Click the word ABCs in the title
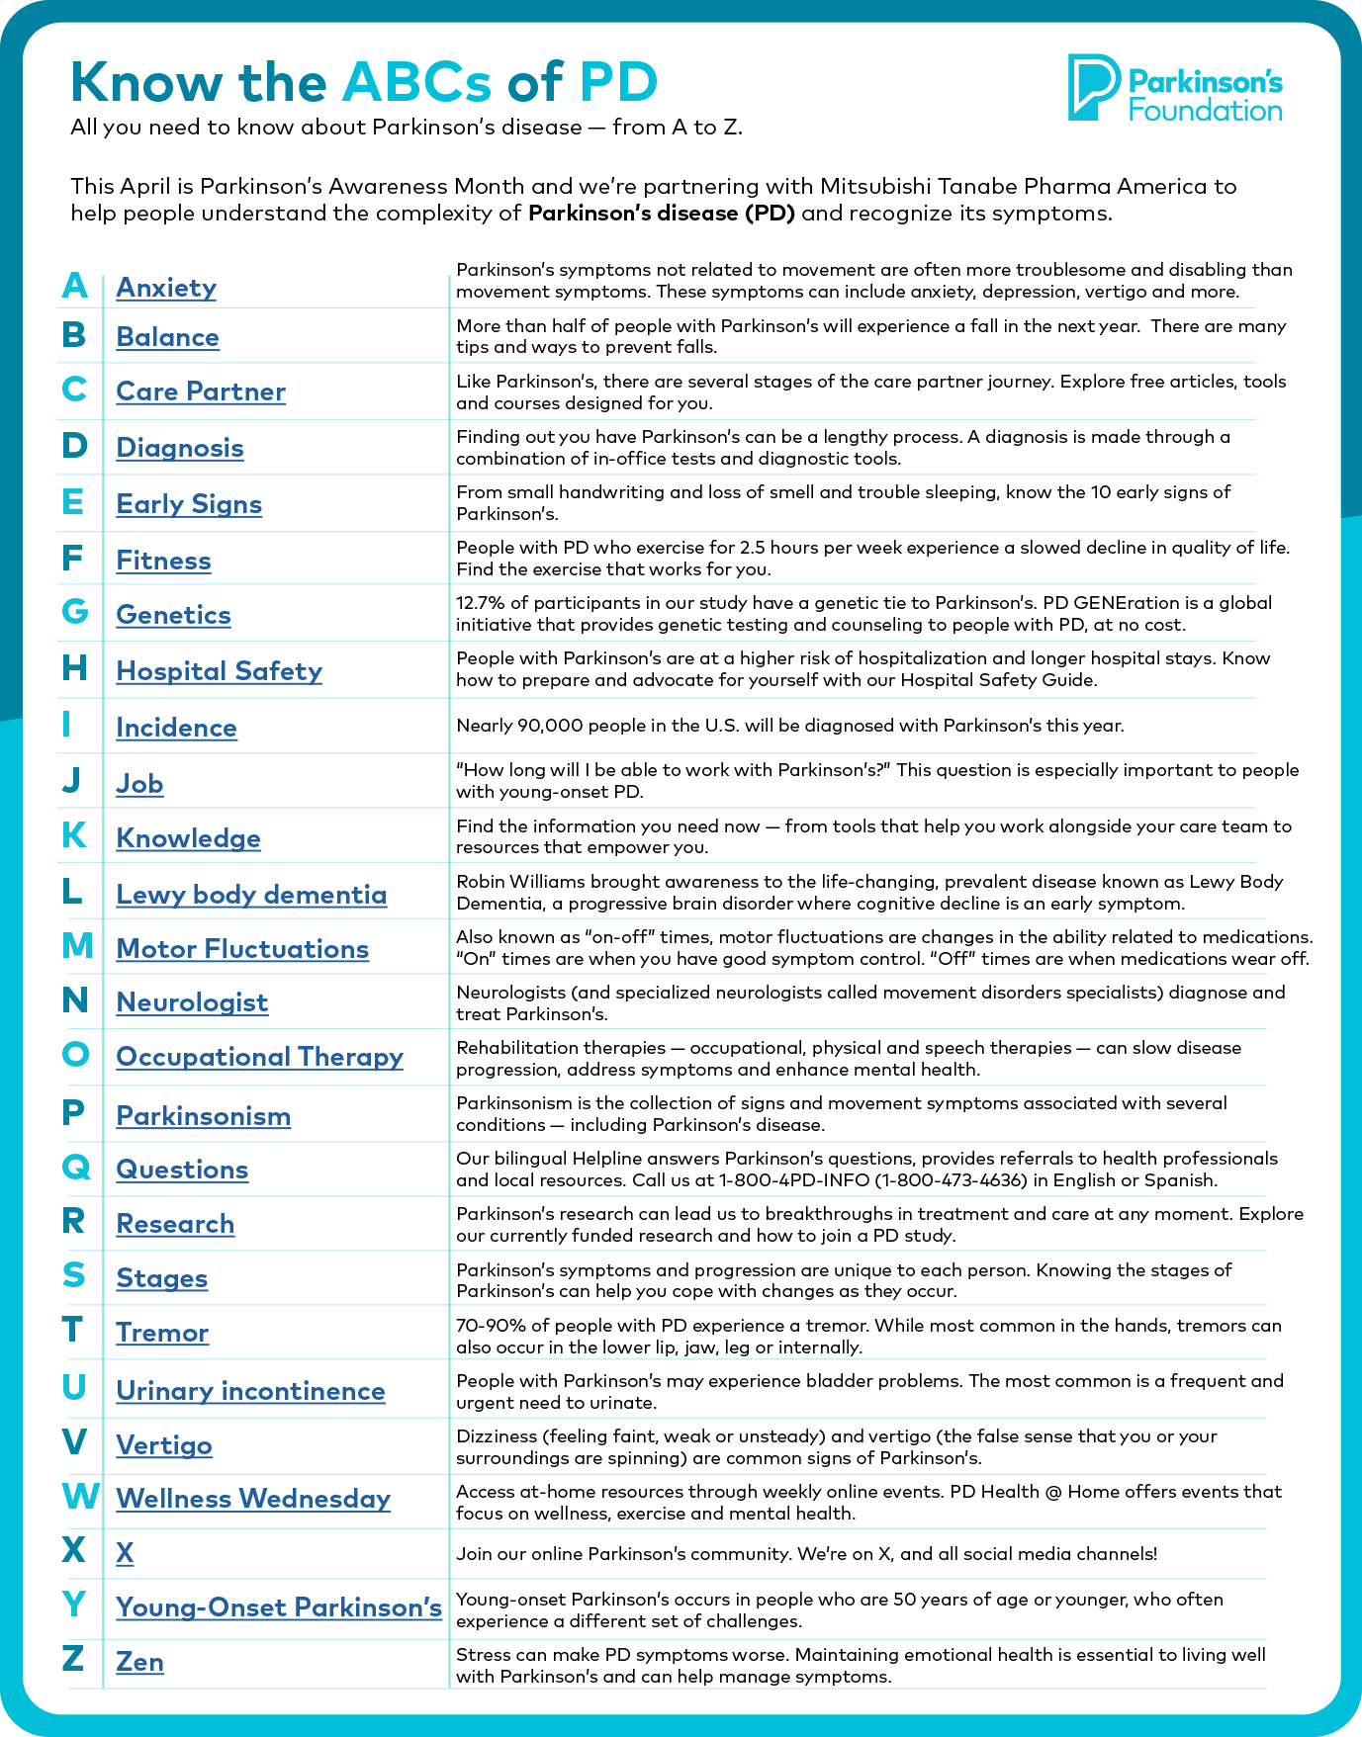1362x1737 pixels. tap(416, 82)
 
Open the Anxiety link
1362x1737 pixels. tap(166, 288)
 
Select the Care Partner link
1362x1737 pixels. tap(201, 391)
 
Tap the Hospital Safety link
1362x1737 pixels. tap(219, 671)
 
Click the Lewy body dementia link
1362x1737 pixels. tap(251, 895)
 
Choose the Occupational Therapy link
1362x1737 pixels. tap(259, 1057)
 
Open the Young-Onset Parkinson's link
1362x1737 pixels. tap(279, 1607)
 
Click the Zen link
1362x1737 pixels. tap(139, 1662)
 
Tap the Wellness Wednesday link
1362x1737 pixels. tap(253, 1499)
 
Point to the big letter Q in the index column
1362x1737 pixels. tap(76, 1167)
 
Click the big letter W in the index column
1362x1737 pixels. tap(80, 1496)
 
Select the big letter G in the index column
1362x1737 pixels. tap(75, 612)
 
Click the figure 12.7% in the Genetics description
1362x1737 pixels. tap(480, 603)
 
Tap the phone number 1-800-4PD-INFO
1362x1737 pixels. tap(794, 1180)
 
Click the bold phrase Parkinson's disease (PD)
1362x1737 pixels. tap(661, 214)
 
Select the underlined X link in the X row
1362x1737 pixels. tap(125, 1553)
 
